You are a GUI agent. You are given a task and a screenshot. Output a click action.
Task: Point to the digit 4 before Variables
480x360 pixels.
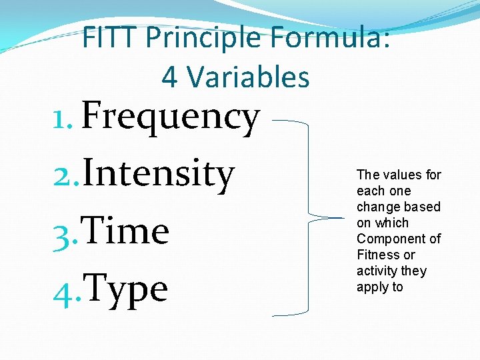pyautogui.click(x=169, y=77)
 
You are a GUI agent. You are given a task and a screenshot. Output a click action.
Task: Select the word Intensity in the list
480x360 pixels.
pyautogui.click(x=159, y=175)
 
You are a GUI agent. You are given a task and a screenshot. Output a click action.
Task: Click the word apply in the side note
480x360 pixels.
pyautogui.click(x=371, y=287)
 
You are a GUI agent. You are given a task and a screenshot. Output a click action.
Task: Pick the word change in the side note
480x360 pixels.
pyautogui.click(x=378, y=207)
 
